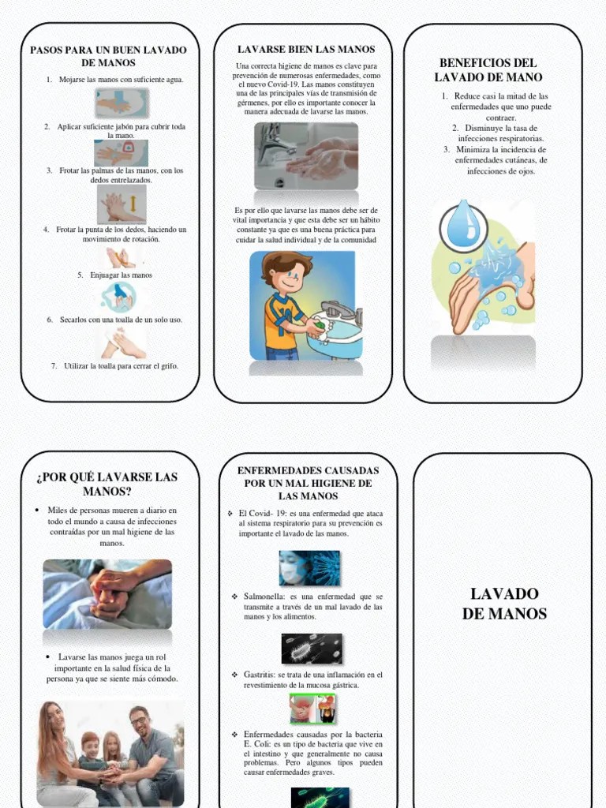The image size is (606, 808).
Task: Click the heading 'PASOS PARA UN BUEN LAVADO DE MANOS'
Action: pyautogui.click(x=108, y=56)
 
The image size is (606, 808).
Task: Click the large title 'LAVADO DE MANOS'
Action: pyautogui.click(x=504, y=604)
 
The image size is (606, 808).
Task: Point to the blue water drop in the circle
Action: pyautogui.click(x=463, y=226)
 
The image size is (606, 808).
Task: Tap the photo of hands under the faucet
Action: pyautogui.click(x=306, y=155)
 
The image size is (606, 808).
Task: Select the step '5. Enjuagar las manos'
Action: pyautogui.click(x=115, y=275)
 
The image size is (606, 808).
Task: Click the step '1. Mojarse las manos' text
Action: pyautogui.click(x=115, y=80)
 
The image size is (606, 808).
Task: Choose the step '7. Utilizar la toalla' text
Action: pyautogui.click(x=115, y=366)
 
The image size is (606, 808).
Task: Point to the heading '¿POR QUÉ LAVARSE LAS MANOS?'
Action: pyautogui.click(x=107, y=484)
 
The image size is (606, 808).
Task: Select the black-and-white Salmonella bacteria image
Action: pyautogui.click(x=312, y=648)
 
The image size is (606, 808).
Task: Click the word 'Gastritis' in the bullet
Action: pyautogui.click(x=260, y=675)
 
